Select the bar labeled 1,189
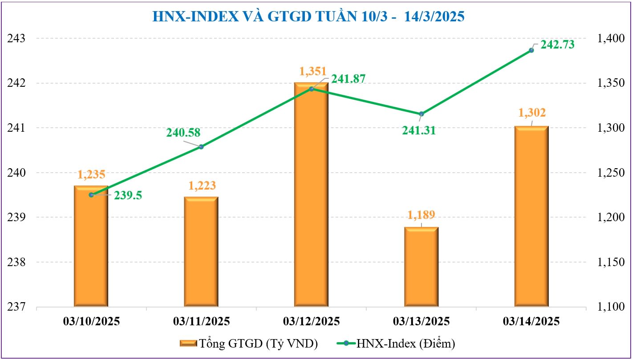(x=421, y=267)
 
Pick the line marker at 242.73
(x=531, y=50)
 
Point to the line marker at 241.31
(x=421, y=114)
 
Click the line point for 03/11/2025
(x=201, y=146)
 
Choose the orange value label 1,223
(x=201, y=186)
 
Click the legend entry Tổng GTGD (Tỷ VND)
(x=249, y=344)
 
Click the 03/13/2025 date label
(x=421, y=321)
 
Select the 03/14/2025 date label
(x=531, y=321)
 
